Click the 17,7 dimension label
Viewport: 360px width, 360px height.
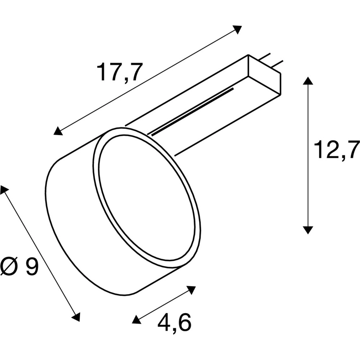(118, 72)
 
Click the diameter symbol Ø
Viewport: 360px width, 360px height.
(9, 266)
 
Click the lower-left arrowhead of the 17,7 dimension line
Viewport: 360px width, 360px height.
(58, 131)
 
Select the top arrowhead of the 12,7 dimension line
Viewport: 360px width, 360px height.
(308, 81)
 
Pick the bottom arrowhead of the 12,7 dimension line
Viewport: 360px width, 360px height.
(308, 230)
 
